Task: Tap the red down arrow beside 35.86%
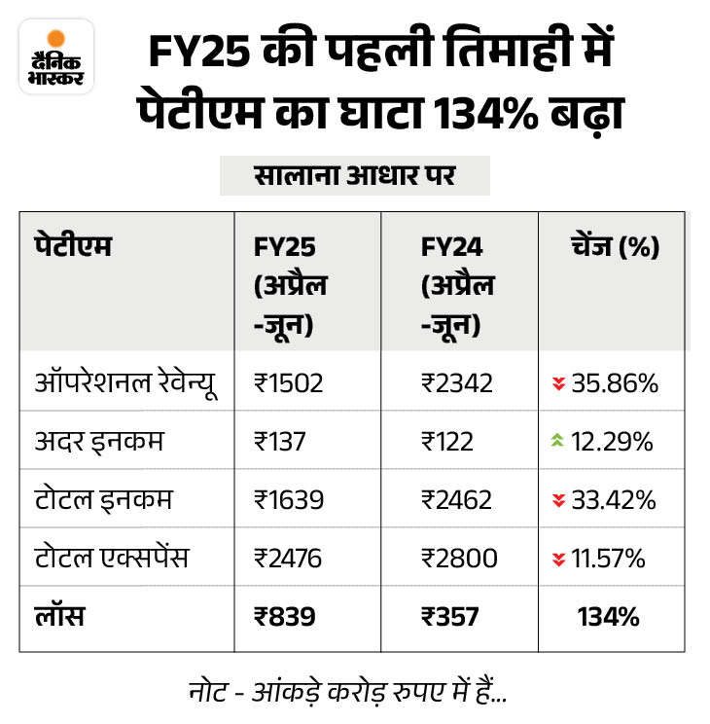click(558, 383)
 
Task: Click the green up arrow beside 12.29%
click(558, 442)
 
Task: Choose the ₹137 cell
click(280, 441)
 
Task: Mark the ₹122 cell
click(447, 441)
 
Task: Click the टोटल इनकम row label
click(103, 499)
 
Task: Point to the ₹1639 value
click(288, 499)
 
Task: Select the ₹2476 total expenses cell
click(288, 558)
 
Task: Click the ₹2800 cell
click(459, 558)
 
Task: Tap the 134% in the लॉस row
click(610, 616)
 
